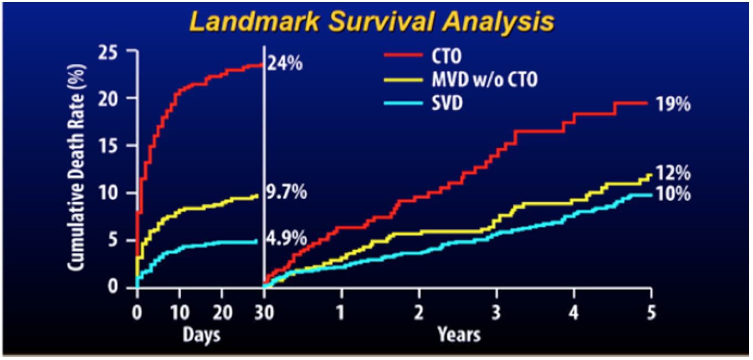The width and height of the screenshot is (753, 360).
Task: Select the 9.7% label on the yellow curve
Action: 287,194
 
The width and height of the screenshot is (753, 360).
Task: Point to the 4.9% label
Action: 287,240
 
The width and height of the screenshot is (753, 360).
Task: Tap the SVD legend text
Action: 453,102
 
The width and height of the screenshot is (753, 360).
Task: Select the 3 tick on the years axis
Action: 496,311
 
